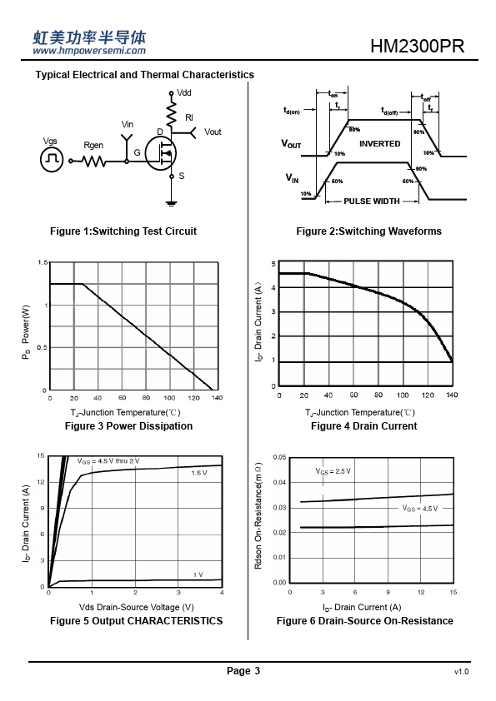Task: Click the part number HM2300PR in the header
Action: (417, 46)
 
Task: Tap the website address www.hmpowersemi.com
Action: (89, 51)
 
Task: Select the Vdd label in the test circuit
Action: (184, 92)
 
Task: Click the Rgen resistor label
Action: (93, 146)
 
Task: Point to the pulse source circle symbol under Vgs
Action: (52, 160)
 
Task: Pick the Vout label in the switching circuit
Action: (213, 132)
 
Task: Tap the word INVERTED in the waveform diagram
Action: (379, 143)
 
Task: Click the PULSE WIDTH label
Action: (372, 201)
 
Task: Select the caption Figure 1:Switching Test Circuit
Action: (123, 231)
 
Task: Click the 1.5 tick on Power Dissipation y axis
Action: (43, 262)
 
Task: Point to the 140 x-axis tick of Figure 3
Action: (217, 397)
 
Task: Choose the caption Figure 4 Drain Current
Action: (364, 426)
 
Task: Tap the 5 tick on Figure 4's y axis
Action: (273, 264)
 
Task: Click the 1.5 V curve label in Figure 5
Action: (199, 473)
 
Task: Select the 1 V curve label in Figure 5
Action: (198, 574)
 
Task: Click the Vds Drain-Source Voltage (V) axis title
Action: (137, 607)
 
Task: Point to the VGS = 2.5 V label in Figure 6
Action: (333, 471)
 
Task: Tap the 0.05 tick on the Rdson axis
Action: (279, 457)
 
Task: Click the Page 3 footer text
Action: (243, 670)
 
